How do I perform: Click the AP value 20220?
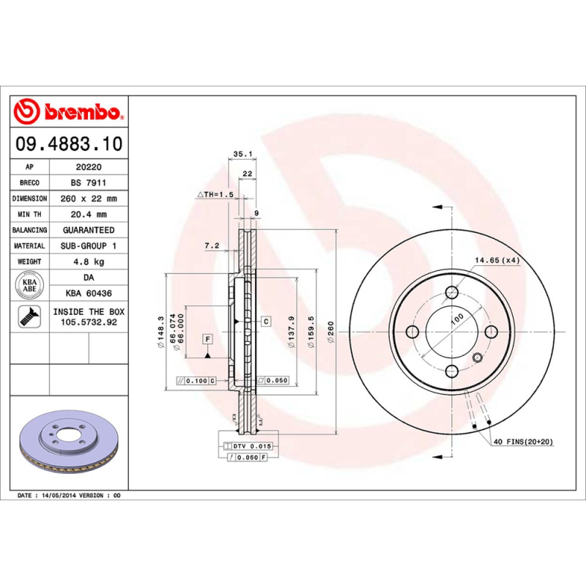click(x=88, y=167)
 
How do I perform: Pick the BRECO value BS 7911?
click(x=88, y=182)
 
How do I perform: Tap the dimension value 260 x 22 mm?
click(x=88, y=199)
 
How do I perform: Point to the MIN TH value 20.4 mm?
click(x=88, y=214)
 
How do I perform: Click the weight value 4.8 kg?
click(x=88, y=262)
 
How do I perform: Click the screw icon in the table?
click(x=30, y=317)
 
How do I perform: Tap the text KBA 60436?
click(x=88, y=293)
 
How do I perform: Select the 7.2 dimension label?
click(x=212, y=246)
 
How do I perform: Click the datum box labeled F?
click(x=208, y=339)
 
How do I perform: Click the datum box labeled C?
click(x=266, y=322)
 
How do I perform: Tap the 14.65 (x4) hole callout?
click(x=497, y=260)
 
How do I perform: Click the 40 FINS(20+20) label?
click(x=523, y=441)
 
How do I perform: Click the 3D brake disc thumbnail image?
click(x=69, y=442)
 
